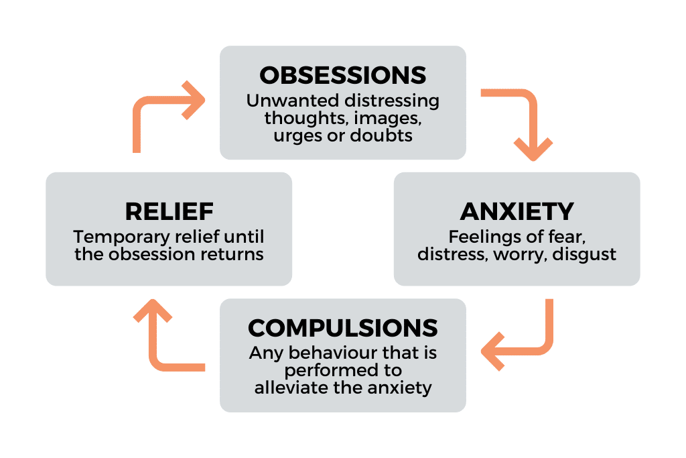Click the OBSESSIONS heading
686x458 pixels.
click(x=342, y=75)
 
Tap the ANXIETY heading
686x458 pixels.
click(x=517, y=211)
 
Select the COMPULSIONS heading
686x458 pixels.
click(x=342, y=328)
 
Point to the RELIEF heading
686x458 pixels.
click(x=169, y=211)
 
